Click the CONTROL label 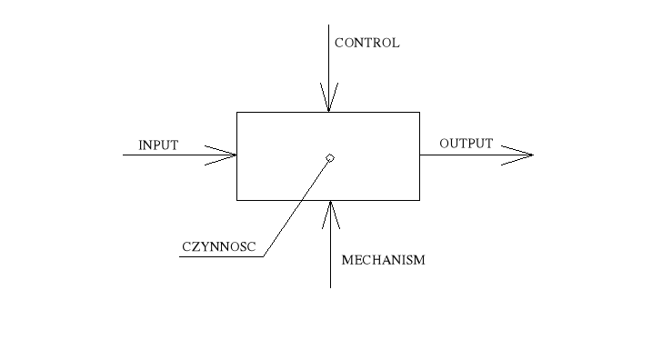(366, 43)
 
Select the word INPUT (158, 145)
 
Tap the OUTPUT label (466, 144)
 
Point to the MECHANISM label (383, 260)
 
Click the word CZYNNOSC (218, 245)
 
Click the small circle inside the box (330, 158)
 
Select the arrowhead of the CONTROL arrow (328, 100)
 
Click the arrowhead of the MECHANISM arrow (330, 212)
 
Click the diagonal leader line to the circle (296, 208)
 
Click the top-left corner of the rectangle (236, 112)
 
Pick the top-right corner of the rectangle (419, 112)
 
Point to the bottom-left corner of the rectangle (236, 199)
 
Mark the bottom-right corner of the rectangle (419, 199)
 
